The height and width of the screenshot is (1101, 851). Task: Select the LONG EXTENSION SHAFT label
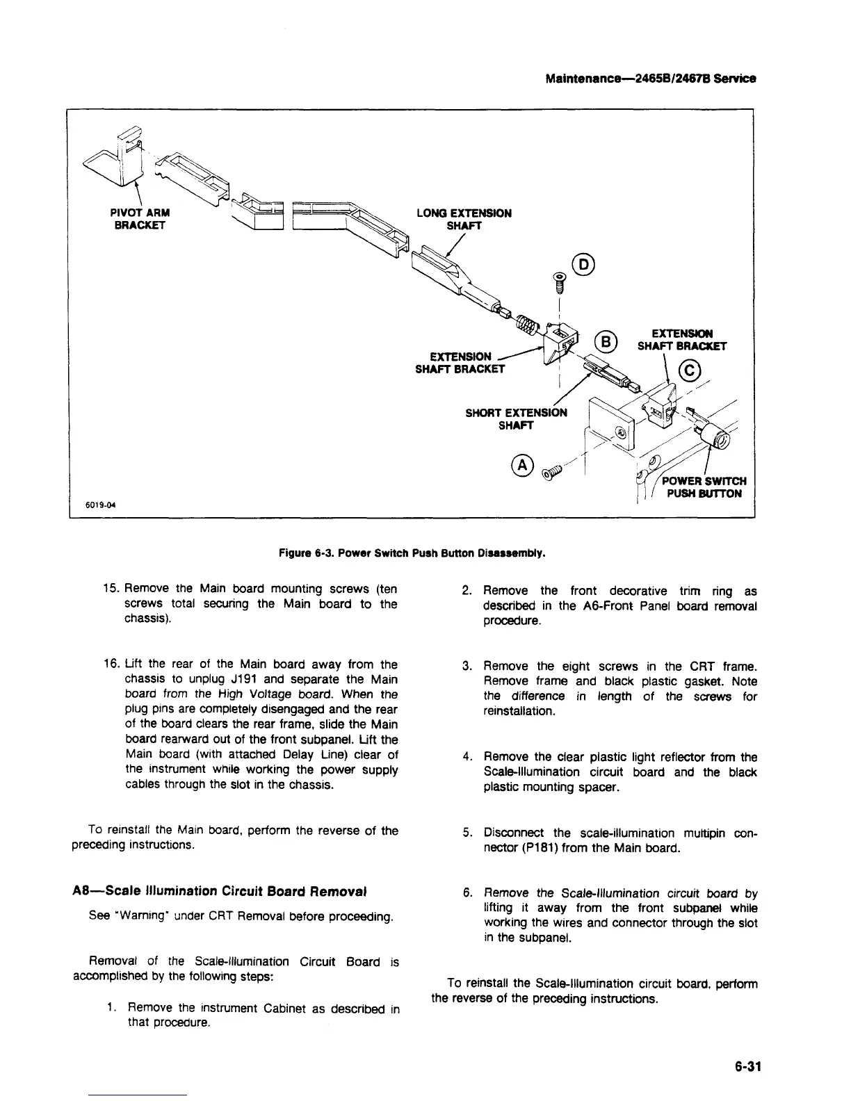point(464,219)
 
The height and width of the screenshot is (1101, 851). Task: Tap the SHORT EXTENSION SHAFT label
point(516,418)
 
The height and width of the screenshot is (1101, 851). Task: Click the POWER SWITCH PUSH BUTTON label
point(703,487)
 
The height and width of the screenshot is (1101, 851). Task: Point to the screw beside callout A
point(554,474)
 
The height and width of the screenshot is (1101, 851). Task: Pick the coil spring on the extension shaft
point(528,322)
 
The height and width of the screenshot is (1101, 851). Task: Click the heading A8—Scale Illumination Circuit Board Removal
point(219,891)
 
